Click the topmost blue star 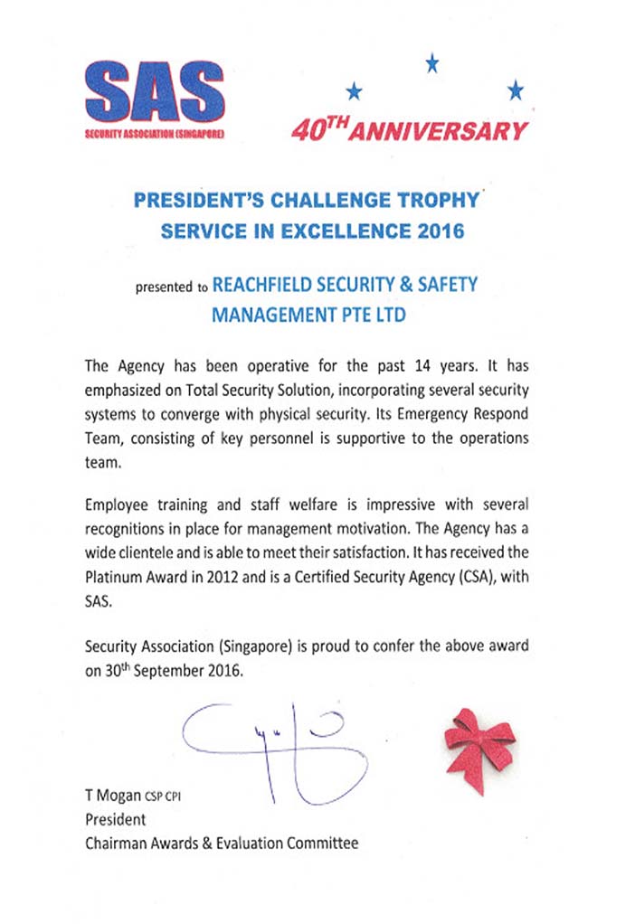click(x=432, y=61)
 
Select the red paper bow click(x=479, y=744)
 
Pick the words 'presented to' click(x=171, y=288)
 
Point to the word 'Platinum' click(x=112, y=578)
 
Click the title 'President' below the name click(x=115, y=820)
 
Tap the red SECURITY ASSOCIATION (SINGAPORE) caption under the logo click(x=158, y=133)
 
